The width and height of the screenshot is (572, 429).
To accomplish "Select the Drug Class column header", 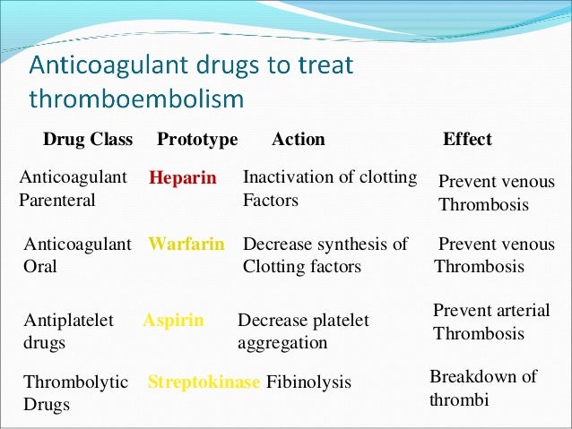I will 88,140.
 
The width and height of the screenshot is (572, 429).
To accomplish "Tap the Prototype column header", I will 197,140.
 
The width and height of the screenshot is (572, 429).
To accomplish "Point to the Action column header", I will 298,140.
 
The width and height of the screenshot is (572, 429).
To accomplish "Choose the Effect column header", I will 467,140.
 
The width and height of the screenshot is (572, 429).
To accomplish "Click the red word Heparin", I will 183,178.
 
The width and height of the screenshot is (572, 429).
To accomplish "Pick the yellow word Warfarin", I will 186,244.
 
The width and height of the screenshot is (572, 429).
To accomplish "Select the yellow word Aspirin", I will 173,320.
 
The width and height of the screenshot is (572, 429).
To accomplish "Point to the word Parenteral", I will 57,201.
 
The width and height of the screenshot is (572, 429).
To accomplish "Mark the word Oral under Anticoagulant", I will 40,267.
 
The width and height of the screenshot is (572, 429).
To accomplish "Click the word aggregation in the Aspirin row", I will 282,343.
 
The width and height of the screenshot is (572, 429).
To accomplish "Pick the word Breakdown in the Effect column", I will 473,376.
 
